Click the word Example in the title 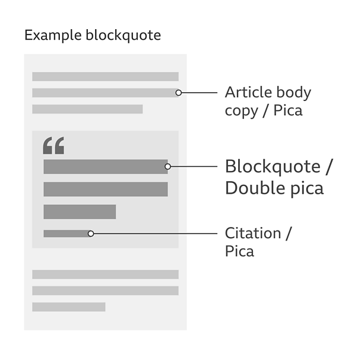click(53, 36)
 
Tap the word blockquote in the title click(123, 36)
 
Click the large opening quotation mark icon click(53, 146)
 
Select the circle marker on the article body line click(179, 93)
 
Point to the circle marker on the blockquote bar click(168, 166)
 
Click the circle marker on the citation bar click(91, 233)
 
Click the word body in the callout click(293, 93)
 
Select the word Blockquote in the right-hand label click(273, 166)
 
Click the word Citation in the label click(253, 233)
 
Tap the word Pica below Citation click(239, 251)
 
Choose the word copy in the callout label click(241, 111)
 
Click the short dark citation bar click(67, 233)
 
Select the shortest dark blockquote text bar click(80, 211)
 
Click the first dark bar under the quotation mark click(106, 166)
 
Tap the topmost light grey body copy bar click(106, 77)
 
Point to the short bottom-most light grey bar click(69, 307)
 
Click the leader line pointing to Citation click(156, 233)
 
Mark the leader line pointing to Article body click(199, 93)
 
